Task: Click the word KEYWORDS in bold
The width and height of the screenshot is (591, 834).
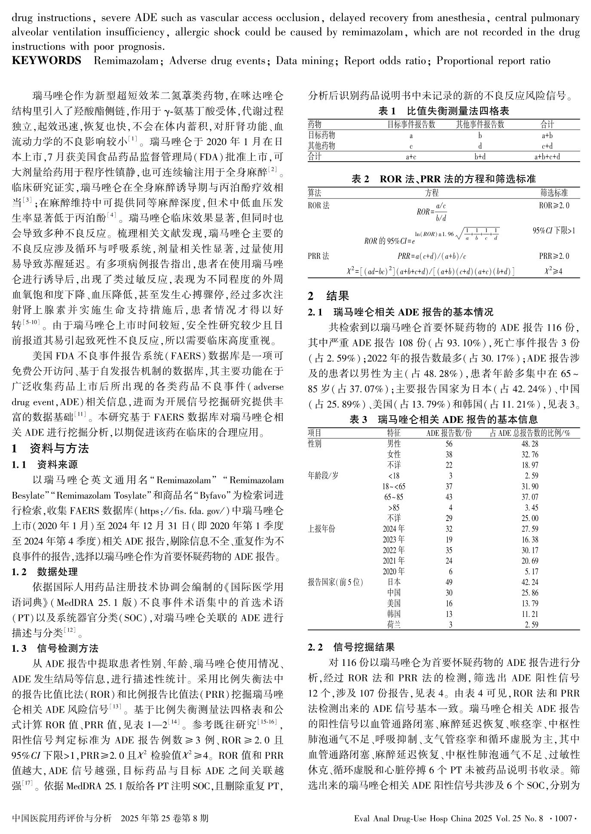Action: (x=46, y=61)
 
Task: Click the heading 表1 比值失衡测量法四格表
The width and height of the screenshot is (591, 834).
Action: (x=444, y=111)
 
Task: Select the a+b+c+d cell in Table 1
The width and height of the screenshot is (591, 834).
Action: (x=547, y=157)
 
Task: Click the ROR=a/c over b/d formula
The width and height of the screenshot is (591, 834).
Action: (x=432, y=212)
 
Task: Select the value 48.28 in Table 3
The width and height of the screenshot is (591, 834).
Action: (x=529, y=444)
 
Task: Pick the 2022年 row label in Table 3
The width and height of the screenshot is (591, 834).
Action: (x=393, y=550)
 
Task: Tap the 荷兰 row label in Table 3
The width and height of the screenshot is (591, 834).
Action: (x=394, y=625)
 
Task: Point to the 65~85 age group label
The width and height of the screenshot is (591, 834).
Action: (x=393, y=497)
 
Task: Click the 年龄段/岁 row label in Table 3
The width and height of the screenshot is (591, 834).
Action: (x=323, y=476)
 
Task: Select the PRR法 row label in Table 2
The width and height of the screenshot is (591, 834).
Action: (x=318, y=256)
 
